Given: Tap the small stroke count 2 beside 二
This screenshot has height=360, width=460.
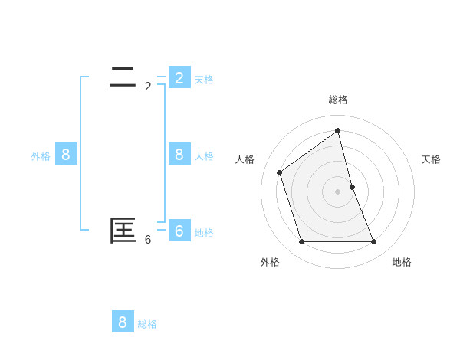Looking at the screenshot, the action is [148, 87].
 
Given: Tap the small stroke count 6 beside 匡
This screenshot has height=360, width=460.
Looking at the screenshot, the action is [148, 239].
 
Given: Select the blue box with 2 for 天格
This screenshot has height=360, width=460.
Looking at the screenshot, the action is [179, 77].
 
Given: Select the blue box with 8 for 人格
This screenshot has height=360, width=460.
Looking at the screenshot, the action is [179, 154].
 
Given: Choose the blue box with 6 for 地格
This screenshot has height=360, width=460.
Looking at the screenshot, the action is [179, 231].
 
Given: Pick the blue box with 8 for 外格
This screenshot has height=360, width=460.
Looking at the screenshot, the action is [66, 154].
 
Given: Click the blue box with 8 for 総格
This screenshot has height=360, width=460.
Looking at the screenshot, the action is [123, 322].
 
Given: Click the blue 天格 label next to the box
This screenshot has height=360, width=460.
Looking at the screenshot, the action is [204, 79].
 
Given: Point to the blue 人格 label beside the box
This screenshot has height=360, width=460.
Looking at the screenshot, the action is [204, 156].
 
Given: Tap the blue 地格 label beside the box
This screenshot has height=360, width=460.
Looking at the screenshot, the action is [204, 233].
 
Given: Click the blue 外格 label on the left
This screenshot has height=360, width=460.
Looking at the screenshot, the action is [41, 156].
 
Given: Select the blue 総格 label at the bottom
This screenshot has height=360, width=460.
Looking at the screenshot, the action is [147, 324].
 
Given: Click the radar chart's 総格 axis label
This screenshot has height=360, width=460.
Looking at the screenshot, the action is [338, 100].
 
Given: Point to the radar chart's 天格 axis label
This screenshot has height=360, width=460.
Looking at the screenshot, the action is [431, 159].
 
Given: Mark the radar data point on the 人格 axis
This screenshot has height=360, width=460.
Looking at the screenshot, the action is [280, 172].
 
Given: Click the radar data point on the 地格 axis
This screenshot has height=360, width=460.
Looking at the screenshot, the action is [374, 242].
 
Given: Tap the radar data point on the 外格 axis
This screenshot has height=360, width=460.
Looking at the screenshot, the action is [302, 242].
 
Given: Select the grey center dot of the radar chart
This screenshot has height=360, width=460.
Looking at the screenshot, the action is [338, 191].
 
